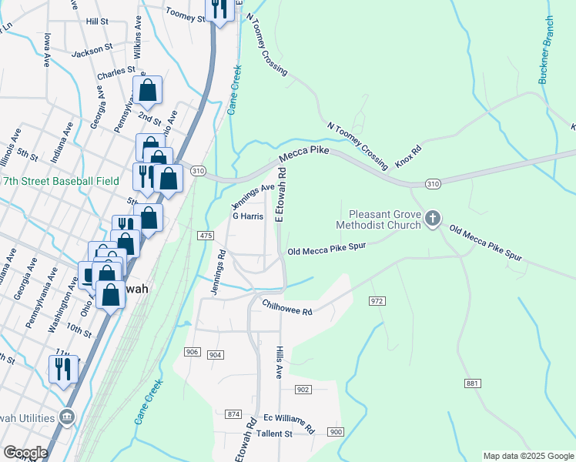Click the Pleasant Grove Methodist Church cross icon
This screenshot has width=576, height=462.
[432, 219]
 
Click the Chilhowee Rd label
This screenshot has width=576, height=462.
[286, 307]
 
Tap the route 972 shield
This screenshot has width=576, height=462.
[377, 300]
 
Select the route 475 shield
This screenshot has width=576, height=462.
[206, 235]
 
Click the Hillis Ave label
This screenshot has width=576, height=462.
[280, 361]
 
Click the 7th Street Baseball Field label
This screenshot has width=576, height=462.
[60, 181]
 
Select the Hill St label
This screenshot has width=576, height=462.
[98, 22]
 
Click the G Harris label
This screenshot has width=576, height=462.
[248, 217]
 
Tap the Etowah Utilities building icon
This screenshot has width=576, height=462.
[67, 417]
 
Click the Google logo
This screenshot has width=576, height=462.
[25, 453]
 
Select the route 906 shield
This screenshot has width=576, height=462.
[193, 352]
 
